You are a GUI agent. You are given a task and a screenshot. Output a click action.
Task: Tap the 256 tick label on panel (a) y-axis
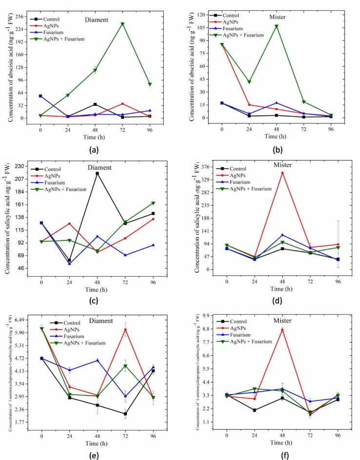21,16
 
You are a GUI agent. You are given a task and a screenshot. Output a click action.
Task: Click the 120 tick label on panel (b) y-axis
202,15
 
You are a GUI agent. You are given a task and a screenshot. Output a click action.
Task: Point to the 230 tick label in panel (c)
21,166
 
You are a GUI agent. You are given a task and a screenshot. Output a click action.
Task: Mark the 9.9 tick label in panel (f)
207,316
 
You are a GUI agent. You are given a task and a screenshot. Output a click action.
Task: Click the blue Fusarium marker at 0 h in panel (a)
40,96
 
